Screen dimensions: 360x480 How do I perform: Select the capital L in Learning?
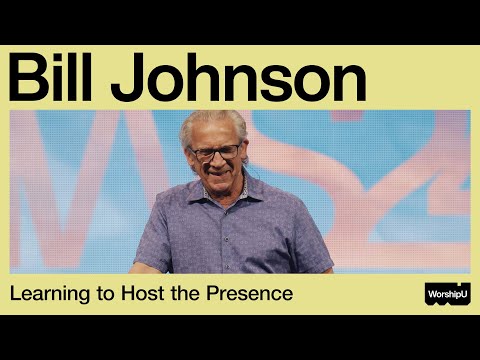pos(17,295)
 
